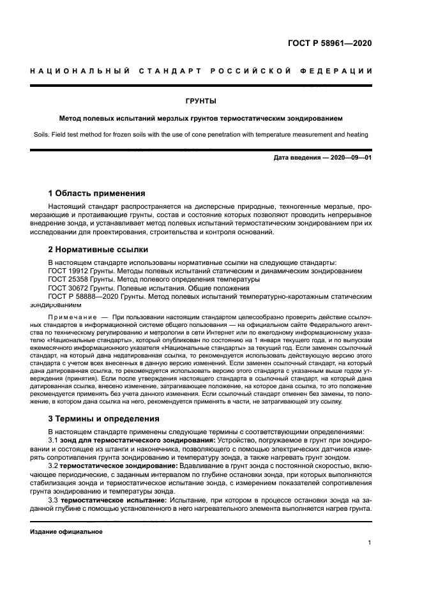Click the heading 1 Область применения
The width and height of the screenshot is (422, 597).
tap(97, 193)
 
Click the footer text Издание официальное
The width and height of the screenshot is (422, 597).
tap(66, 531)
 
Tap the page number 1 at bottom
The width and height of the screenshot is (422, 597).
tap(369, 543)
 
